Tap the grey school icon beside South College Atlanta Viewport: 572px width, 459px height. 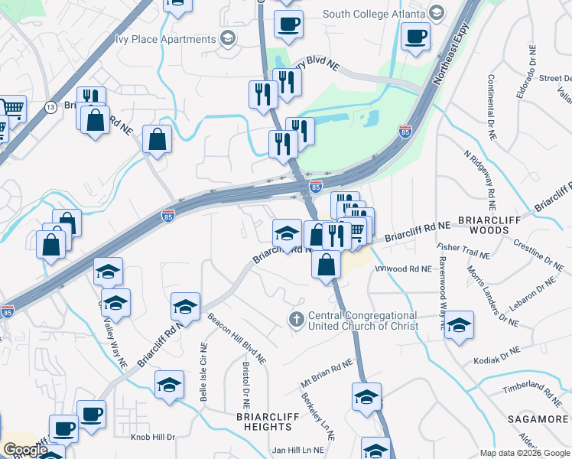pos(436,13)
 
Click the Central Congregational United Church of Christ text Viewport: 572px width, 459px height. pos(362,321)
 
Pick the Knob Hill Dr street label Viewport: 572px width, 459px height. pos(153,437)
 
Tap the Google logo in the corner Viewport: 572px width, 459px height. pos(24,450)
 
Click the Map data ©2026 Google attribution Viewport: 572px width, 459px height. pos(524,454)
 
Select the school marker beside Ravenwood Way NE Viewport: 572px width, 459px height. pos(458,325)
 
